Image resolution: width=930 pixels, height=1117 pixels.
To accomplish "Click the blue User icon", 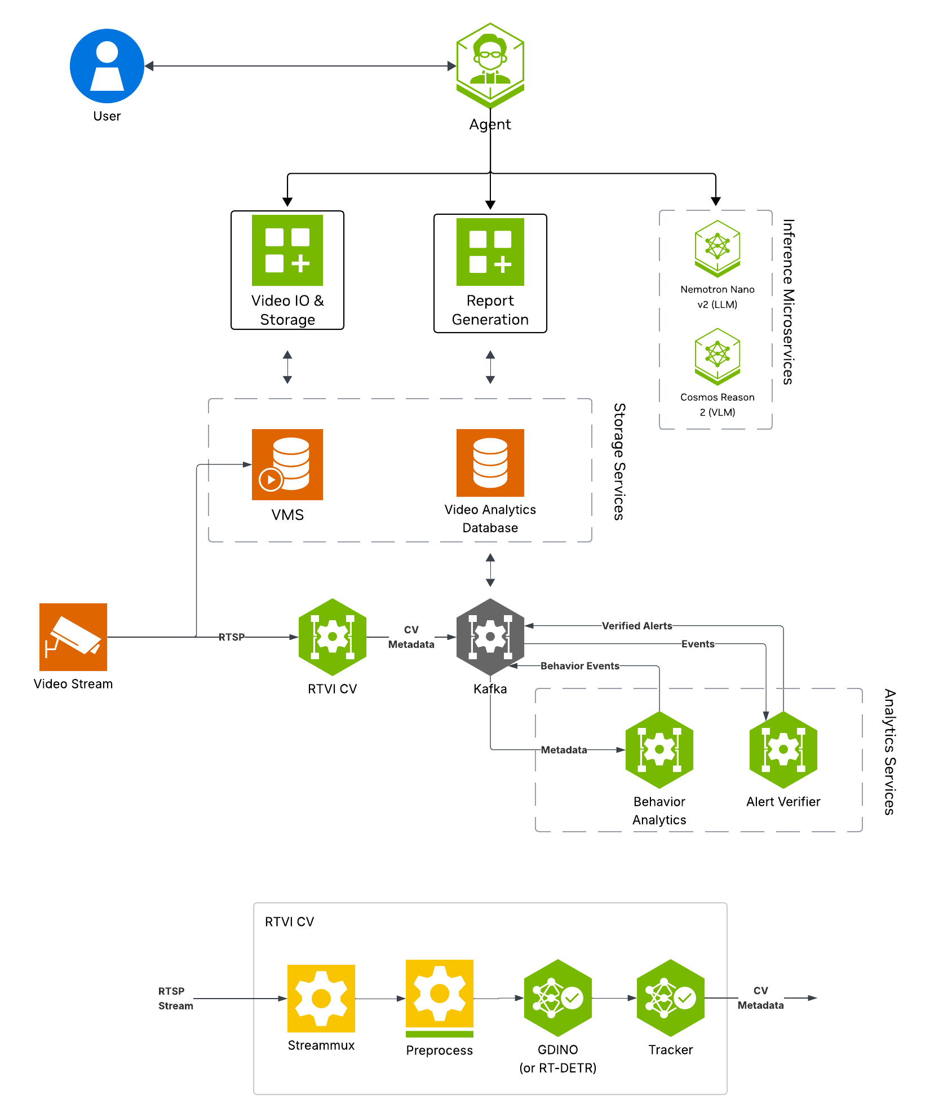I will (107, 66).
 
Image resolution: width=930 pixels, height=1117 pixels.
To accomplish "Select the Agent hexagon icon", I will (490, 65).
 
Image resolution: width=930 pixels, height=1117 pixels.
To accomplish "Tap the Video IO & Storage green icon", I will (287, 250).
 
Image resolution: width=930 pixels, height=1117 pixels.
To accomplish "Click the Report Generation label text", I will (490, 310).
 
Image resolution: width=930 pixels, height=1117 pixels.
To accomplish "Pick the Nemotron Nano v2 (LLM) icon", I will (717, 249).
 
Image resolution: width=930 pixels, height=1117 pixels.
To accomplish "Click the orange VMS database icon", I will (287, 465).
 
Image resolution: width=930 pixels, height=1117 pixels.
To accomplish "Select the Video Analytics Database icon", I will (490, 463).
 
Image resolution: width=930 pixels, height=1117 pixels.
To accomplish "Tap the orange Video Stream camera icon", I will (73, 637).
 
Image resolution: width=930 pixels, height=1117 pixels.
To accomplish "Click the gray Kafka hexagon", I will (490, 637).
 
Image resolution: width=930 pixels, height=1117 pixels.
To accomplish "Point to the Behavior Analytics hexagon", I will (659, 750).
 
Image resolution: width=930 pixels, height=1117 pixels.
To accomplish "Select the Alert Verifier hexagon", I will (783, 750).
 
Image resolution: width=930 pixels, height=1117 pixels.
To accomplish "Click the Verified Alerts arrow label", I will (637, 626).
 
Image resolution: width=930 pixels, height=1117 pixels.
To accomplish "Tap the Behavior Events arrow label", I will (579, 666).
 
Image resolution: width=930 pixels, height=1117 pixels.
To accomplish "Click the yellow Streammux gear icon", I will (321, 999).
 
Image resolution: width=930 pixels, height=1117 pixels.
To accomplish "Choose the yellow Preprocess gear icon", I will (440, 994).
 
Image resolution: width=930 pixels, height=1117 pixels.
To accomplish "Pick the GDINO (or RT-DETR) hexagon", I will (557, 998).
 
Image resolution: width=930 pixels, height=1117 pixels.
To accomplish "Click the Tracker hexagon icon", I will (670, 998).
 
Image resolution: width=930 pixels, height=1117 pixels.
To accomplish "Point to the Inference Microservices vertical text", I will (788, 302).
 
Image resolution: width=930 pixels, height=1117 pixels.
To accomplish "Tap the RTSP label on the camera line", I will (232, 637).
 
